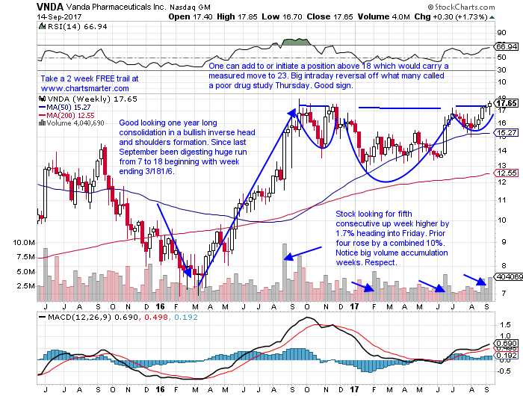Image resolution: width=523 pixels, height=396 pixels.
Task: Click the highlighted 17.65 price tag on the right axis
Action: pyautogui.click(x=508, y=105)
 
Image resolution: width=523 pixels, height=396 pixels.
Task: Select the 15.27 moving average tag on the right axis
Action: pyautogui.click(x=508, y=134)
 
